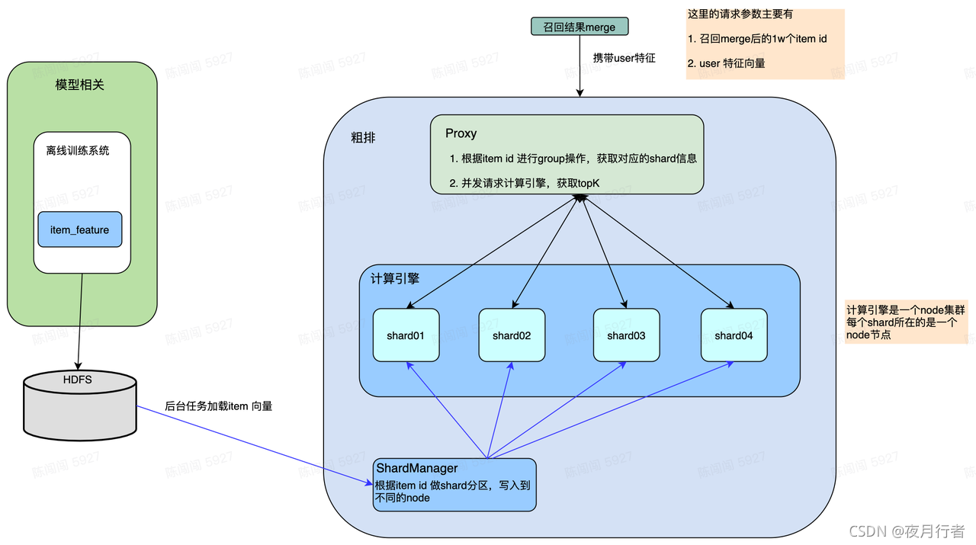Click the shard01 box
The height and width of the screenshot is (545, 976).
coord(406,335)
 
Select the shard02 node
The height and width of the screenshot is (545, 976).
coord(512,335)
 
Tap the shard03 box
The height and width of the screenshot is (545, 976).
coord(626,335)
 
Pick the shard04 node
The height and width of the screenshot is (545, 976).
coord(734,335)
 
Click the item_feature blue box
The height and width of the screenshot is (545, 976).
coord(80,229)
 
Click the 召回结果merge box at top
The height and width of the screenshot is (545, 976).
coord(579,27)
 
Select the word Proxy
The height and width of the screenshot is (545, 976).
coord(461,133)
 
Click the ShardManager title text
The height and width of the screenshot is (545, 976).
coord(416,468)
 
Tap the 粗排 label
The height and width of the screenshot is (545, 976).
coord(363,138)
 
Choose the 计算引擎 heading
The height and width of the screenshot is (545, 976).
coord(395,279)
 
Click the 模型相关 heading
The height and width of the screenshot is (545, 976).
coord(80,85)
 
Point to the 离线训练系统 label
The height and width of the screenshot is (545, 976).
coord(77,150)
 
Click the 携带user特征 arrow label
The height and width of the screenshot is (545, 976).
coord(624,58)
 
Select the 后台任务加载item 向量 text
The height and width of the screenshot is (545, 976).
coord(218,406)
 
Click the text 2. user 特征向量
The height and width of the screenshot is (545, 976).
coord(726,63)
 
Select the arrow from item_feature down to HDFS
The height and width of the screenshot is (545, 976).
coord(79,320)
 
